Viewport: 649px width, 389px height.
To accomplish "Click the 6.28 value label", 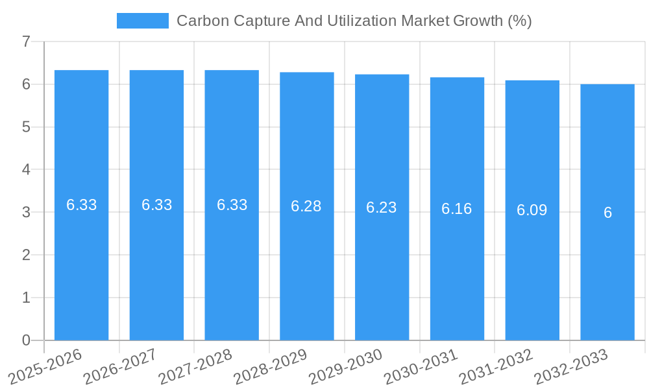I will pos(306,206).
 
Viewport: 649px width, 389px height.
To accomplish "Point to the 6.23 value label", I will pos(382,207).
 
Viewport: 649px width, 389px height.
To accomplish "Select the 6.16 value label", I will pos(457,209).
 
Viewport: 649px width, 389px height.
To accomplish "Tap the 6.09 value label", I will pos(532,210).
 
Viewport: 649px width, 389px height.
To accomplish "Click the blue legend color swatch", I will pos(142,21).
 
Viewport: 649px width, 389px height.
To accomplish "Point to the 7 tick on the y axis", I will pos(26,41).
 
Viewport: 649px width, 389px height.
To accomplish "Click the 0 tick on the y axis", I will pos(26,340).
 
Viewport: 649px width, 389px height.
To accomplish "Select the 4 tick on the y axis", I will pos(26,170).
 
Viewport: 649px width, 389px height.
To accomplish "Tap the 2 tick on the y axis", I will pos(26,255).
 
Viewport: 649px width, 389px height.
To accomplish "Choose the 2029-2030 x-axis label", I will pos(345,367).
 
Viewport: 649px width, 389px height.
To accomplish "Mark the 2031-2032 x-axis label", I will pos(495,367).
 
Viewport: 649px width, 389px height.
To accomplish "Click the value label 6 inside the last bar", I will pos(607,213).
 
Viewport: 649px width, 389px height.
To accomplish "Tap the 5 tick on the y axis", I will pos(26,127).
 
